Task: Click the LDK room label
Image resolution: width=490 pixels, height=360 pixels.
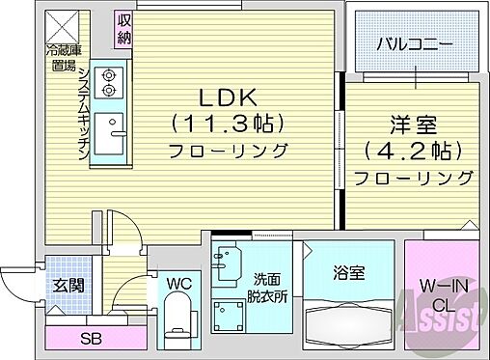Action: pyautogui.click(x=227, y=98)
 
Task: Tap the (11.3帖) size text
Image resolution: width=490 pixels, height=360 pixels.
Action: pyautogui.click(x=227, y=124)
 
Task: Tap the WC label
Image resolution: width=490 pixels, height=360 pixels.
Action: pyautogui.click(x=178, y=284)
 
